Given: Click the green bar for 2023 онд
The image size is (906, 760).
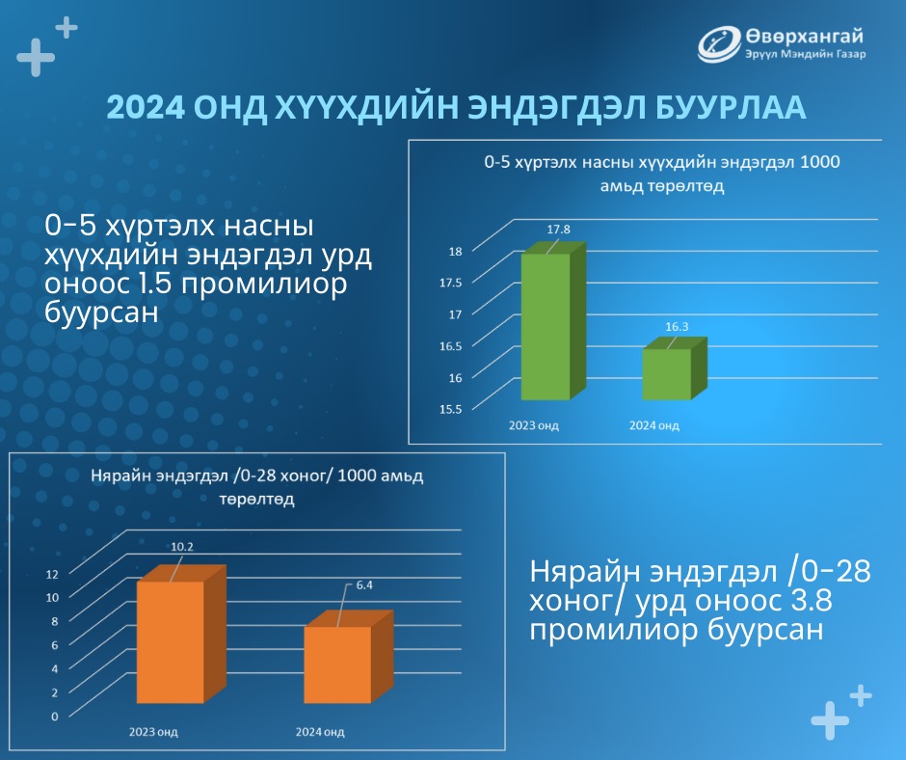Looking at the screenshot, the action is coord(553,321).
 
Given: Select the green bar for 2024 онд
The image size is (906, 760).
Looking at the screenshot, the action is coord(674,369).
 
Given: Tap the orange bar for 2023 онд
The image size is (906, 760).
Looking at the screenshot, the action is coord(179,635).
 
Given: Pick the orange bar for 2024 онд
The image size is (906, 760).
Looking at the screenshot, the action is coord(348,658).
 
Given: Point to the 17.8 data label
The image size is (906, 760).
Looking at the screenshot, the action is coord(559,229).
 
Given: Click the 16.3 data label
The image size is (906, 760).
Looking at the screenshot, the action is coord(677,327).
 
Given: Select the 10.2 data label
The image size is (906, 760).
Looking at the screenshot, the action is coord(182,547).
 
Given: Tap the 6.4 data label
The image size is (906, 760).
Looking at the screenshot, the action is coord(364,585).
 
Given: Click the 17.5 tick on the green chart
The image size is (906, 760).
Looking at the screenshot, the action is coord(451,283).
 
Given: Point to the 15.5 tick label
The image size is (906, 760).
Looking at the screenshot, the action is coord(451,410).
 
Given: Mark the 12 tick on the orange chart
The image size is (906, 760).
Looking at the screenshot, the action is coord(53,574).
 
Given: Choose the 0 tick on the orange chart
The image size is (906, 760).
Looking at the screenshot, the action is coord(55,717).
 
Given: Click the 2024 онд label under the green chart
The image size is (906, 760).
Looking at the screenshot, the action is coord(654,425).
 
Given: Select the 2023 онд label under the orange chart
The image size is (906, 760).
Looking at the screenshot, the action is coord(153,732).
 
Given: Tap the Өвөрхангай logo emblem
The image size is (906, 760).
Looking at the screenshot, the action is coord(719,44).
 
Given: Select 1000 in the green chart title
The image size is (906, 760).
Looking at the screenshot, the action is coord(820,162).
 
